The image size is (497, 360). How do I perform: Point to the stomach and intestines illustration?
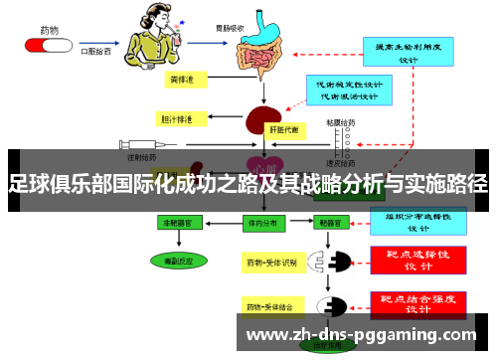[262, 44]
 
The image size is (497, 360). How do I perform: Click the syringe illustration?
[135, 144]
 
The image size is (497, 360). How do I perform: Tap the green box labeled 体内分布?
[261, 224]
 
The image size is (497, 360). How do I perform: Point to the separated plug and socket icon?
[332, 264]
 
